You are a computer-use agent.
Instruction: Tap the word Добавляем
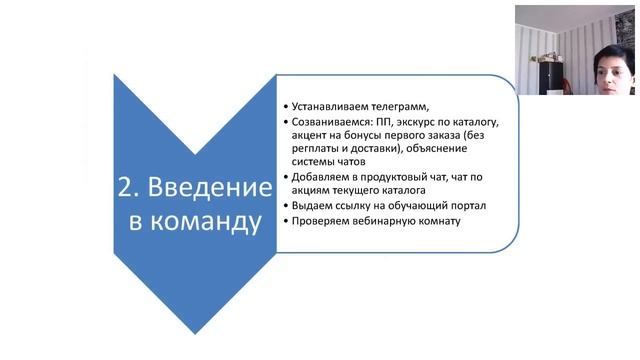point(318,177)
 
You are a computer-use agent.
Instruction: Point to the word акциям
point(313,191)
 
